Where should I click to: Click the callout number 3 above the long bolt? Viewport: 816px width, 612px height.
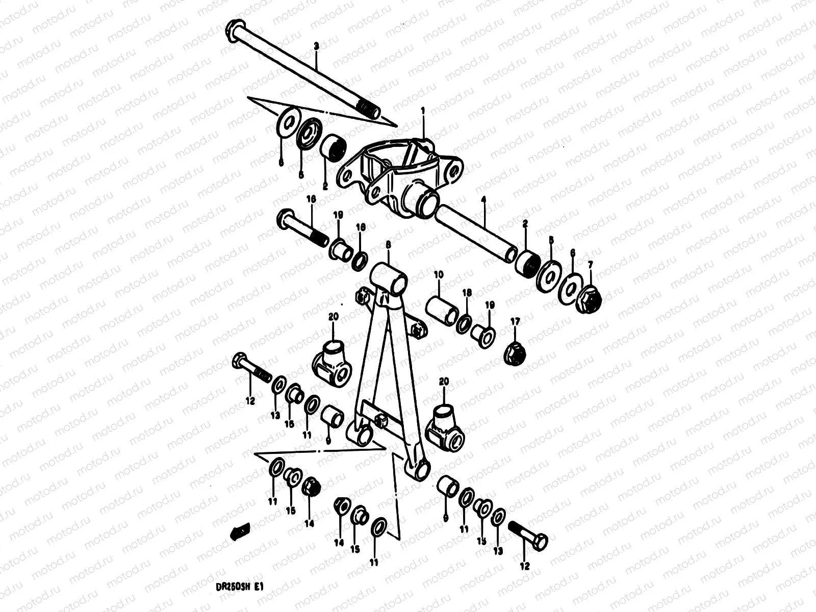pos(316,46)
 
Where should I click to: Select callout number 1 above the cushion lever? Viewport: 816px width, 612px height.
pos(423,110)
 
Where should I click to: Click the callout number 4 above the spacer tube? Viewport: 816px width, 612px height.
pos(483,203)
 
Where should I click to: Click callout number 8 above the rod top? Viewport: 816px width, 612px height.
pos(388,245)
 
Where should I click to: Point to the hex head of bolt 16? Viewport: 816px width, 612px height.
pos(284,220)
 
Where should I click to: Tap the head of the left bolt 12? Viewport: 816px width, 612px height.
pos(240,362)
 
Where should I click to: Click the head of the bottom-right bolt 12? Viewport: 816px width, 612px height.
pos(541,540)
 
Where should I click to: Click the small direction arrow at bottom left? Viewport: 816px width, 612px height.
pos(238,532)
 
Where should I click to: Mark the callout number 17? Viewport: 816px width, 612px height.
pos(515,321)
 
